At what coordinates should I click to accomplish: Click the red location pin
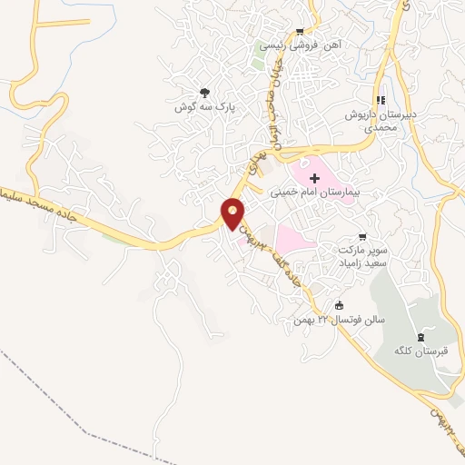click(x=233, y=214)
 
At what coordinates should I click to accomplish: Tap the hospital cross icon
click(x=315, y=175)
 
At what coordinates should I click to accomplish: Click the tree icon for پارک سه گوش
click(x=204, y=92)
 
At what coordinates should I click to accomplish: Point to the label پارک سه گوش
click(x=205, y=107)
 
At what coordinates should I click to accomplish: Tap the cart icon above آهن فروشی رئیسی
click(x=300, y=30)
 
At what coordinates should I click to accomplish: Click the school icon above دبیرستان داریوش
click(x=382, y=100)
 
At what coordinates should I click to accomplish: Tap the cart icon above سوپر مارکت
click(x=364, y=234)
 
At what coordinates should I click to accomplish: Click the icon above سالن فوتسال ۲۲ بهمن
click(x=340, y=305)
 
